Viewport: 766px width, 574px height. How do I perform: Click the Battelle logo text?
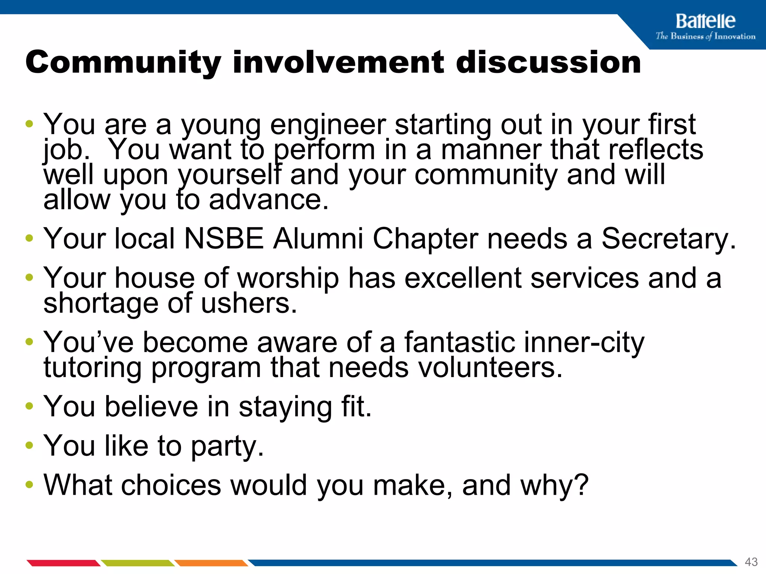(705, 21)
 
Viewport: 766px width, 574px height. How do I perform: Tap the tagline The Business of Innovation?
(705, 36)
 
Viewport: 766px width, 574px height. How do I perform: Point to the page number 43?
(751, 562)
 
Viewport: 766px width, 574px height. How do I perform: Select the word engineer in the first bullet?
(328, 125)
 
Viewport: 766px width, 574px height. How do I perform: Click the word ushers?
(249, 303)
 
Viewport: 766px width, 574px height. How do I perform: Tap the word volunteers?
(490, 368)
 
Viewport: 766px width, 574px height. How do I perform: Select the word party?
(227, 447)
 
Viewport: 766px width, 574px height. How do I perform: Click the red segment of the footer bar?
(63, 563)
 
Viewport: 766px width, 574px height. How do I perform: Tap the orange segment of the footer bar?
(211, 563)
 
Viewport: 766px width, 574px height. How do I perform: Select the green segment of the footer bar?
(138, 563)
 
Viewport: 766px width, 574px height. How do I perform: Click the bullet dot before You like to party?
(29, 445)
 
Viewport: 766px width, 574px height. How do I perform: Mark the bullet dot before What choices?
(29, 485)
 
